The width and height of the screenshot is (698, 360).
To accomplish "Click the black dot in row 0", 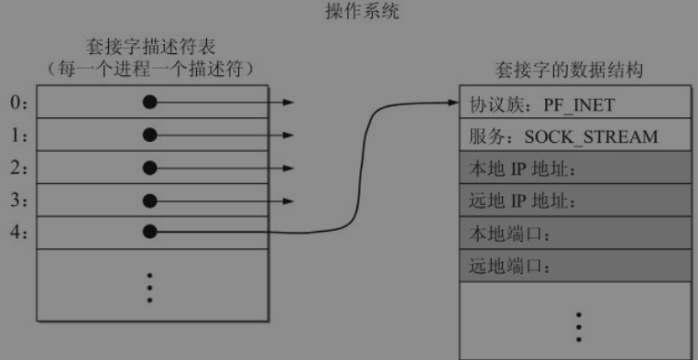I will pyautogui.click(x=151, y=103).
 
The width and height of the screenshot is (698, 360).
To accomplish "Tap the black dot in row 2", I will pyautogui.click(x=151, y=169).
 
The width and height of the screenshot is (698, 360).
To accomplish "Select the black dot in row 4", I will pyautogui.click(x=151, y=233).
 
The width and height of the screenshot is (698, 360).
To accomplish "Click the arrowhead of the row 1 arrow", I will pyautogui.click(x=289, y=136).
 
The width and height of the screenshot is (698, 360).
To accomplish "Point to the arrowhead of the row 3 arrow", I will pyautogui.click(x=289, y=201).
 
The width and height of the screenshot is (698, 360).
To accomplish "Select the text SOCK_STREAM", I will pyautogui.click(x=591, y=136).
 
